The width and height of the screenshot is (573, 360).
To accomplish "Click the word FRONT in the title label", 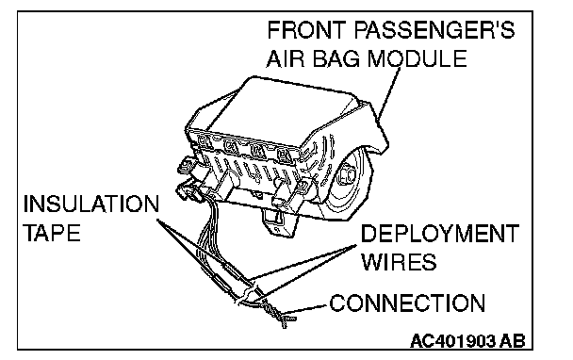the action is point(306,30).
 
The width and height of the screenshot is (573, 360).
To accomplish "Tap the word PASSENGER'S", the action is point(434,30).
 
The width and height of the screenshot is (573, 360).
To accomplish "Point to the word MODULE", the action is point(417,58).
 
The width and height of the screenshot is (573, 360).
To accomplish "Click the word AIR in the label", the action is point(285,58).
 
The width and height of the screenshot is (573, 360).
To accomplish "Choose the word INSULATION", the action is point(91,204).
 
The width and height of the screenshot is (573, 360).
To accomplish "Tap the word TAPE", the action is point(52,233).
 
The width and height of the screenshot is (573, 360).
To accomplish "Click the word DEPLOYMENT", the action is point(440,233).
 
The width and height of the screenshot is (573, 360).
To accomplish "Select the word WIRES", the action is point(399,262).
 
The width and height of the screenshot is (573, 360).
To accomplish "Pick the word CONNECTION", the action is point(407,303).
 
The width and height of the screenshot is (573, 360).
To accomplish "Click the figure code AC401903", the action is point(453,341).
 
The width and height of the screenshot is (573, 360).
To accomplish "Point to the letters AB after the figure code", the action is point(513,341).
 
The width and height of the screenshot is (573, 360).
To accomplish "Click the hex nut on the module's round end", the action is point(346,174).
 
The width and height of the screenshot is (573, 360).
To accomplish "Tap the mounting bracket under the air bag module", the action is point(278,221).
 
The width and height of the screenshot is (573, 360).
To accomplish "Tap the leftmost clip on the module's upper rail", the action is point(203,140).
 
